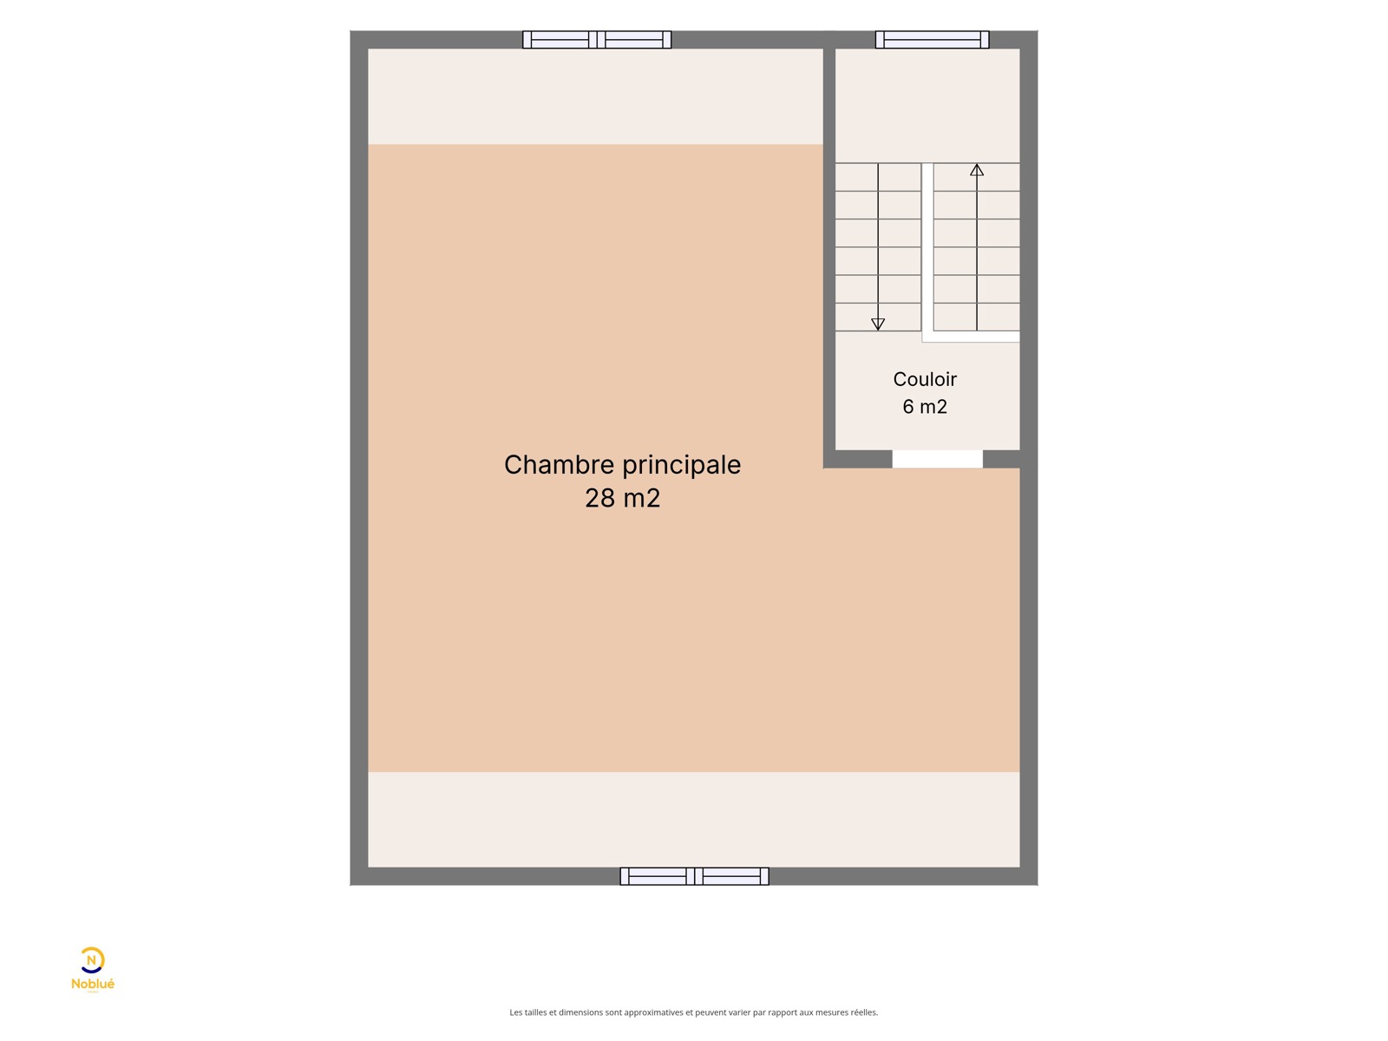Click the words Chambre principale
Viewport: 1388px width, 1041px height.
pyautogui.click(x=622, y=466)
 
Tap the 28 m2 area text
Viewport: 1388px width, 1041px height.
pyautogui.click(x=622, y=498)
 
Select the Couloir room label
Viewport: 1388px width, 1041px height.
pyautogui.click(x=925, y=379)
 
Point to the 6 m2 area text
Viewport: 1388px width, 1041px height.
pyautogui.click(x=925, y=406)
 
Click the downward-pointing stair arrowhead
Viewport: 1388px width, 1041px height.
pyautogui.click(x=878, y=324)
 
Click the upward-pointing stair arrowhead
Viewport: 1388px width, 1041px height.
pyautogui.click(x=977, y=170)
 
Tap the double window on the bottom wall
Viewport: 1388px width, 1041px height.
pyautogui.click(x=694, y=876)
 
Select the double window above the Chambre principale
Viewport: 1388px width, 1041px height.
pyautogui.click(x=597, y=40)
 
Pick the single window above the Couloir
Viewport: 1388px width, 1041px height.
pyautogui.click(x=932, y=40)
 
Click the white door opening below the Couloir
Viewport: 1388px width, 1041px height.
pyautogui.click(x=937, y=459)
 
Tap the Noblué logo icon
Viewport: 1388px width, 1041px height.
pyautogui.click(x=92, y=960)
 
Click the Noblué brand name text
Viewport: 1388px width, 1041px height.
pyautogui.click(x=93, y=984)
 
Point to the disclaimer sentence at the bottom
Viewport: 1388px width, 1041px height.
pyautogui.click(x=694, y=1012)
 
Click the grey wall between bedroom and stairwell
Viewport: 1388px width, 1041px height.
pyautogui.click(x=829, y=250)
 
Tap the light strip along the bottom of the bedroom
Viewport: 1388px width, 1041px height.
pyautogui.click(x=694, y=819)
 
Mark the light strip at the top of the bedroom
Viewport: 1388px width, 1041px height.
pyautogui.click(x=595, y=96)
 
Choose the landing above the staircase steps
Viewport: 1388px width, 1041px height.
pyautogui.click(x=927, y=106)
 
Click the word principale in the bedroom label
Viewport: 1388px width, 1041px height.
pyautogui.click(x=682, y=466)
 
